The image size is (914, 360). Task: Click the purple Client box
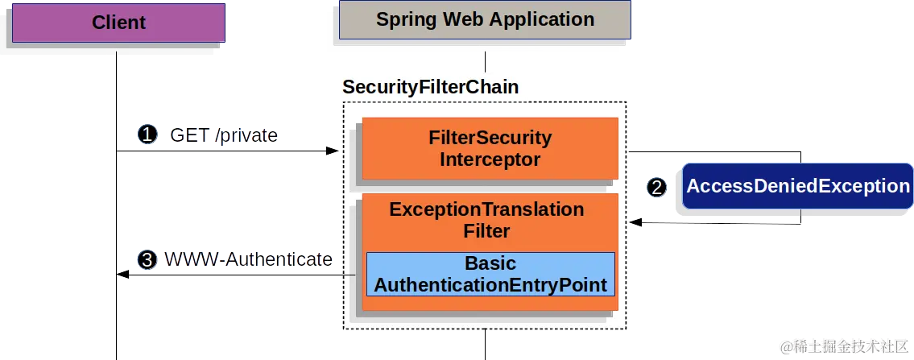[x=118, y=22]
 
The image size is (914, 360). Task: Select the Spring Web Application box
[x=485, y=20]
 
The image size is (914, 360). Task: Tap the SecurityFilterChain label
[x=430, y=87]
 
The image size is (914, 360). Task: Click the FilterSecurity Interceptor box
[x=490, y=148]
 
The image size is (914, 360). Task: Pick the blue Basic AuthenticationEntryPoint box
[x=490, y=275]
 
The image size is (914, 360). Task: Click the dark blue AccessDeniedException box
[x=797, y=186]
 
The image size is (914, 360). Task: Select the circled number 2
[x=657, y=187]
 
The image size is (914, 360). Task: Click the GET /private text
[x=223, y=134]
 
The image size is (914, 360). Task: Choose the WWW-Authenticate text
[x=248, y=259]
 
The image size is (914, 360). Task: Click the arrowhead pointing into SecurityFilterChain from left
[x=331, y=151]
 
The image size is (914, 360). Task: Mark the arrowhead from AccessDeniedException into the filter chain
[x=635, y=221]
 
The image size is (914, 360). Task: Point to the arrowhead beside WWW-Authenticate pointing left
[x=122, y=275]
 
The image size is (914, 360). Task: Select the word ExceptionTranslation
[x=486, y=209]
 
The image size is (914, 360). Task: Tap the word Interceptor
[x=490, y=159]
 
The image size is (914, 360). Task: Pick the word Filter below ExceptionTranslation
[x=486, y=232]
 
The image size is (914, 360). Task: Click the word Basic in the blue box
[x=490, y=263]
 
